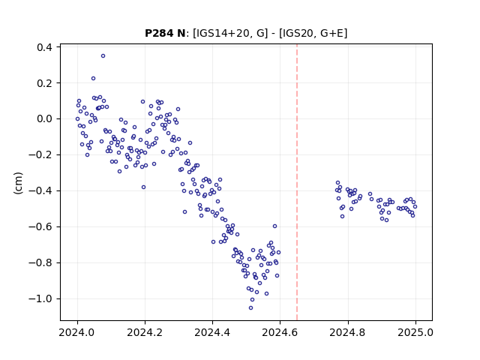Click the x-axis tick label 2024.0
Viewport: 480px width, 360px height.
(77, 332)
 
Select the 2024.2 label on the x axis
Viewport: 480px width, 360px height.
(145, 332)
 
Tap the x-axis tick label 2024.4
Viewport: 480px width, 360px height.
(212, 332)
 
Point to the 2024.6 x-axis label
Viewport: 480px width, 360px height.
(280, 332)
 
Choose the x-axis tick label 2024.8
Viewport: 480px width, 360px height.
(347, 332)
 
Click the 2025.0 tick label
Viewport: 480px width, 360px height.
(415, 332)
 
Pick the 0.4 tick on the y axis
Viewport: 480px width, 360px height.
(44, 47)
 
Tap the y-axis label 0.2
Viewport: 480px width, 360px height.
(44, 83)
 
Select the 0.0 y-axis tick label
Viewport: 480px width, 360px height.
(44, 119)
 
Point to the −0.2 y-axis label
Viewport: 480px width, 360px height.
(40, 155)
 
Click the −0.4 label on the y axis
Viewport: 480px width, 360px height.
(40, 191)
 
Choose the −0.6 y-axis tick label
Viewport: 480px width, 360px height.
(40, 226)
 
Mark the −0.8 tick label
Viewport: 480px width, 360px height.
(40, 263)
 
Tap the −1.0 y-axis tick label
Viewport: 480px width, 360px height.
(40, 298)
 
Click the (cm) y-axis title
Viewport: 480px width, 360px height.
(18, 183)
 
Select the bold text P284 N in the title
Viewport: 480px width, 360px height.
(165, 33)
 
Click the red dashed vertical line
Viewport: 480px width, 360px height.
(297, 182)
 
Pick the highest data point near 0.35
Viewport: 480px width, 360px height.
(103, 56)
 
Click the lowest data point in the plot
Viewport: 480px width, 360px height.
(250, 308)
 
